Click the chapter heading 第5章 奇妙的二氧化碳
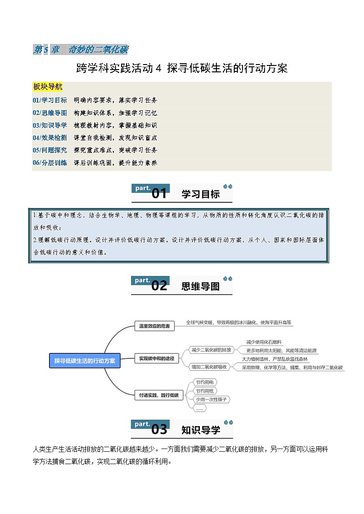coord(81,50)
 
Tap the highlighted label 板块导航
coord(48,87)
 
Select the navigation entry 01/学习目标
coord(50,100)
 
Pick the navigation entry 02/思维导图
coord(50,113)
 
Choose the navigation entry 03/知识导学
coord(50,125)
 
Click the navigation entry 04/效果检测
coord(50,137)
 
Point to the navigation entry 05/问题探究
coord(50,150)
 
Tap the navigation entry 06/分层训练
coord(50,162)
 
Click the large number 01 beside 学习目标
coord(159,194)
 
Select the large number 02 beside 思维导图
coord(159,286)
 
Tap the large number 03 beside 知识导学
coord(159,430)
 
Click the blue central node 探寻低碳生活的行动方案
coord(85,361)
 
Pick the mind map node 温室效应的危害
coord(154,326)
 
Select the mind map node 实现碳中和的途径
coord(157,359)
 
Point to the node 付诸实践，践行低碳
coord(159,395)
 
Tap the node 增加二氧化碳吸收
coord(209,367)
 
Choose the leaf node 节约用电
coord(204,382)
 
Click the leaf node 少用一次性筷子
coord(211,400)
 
